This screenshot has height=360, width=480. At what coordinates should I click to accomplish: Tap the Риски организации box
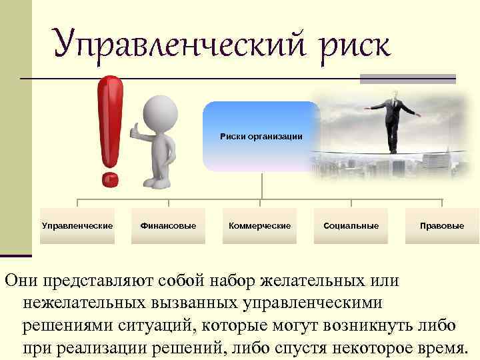coord(261,137)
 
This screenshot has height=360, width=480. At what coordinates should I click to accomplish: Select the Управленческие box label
coord(77,226)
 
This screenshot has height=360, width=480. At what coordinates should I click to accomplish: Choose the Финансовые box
coord(168,226)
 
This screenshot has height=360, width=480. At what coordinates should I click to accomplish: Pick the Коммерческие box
coord(260,226)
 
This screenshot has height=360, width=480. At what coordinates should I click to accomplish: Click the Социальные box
coord(351,226)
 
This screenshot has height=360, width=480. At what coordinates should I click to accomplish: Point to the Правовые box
coord(442,226)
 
